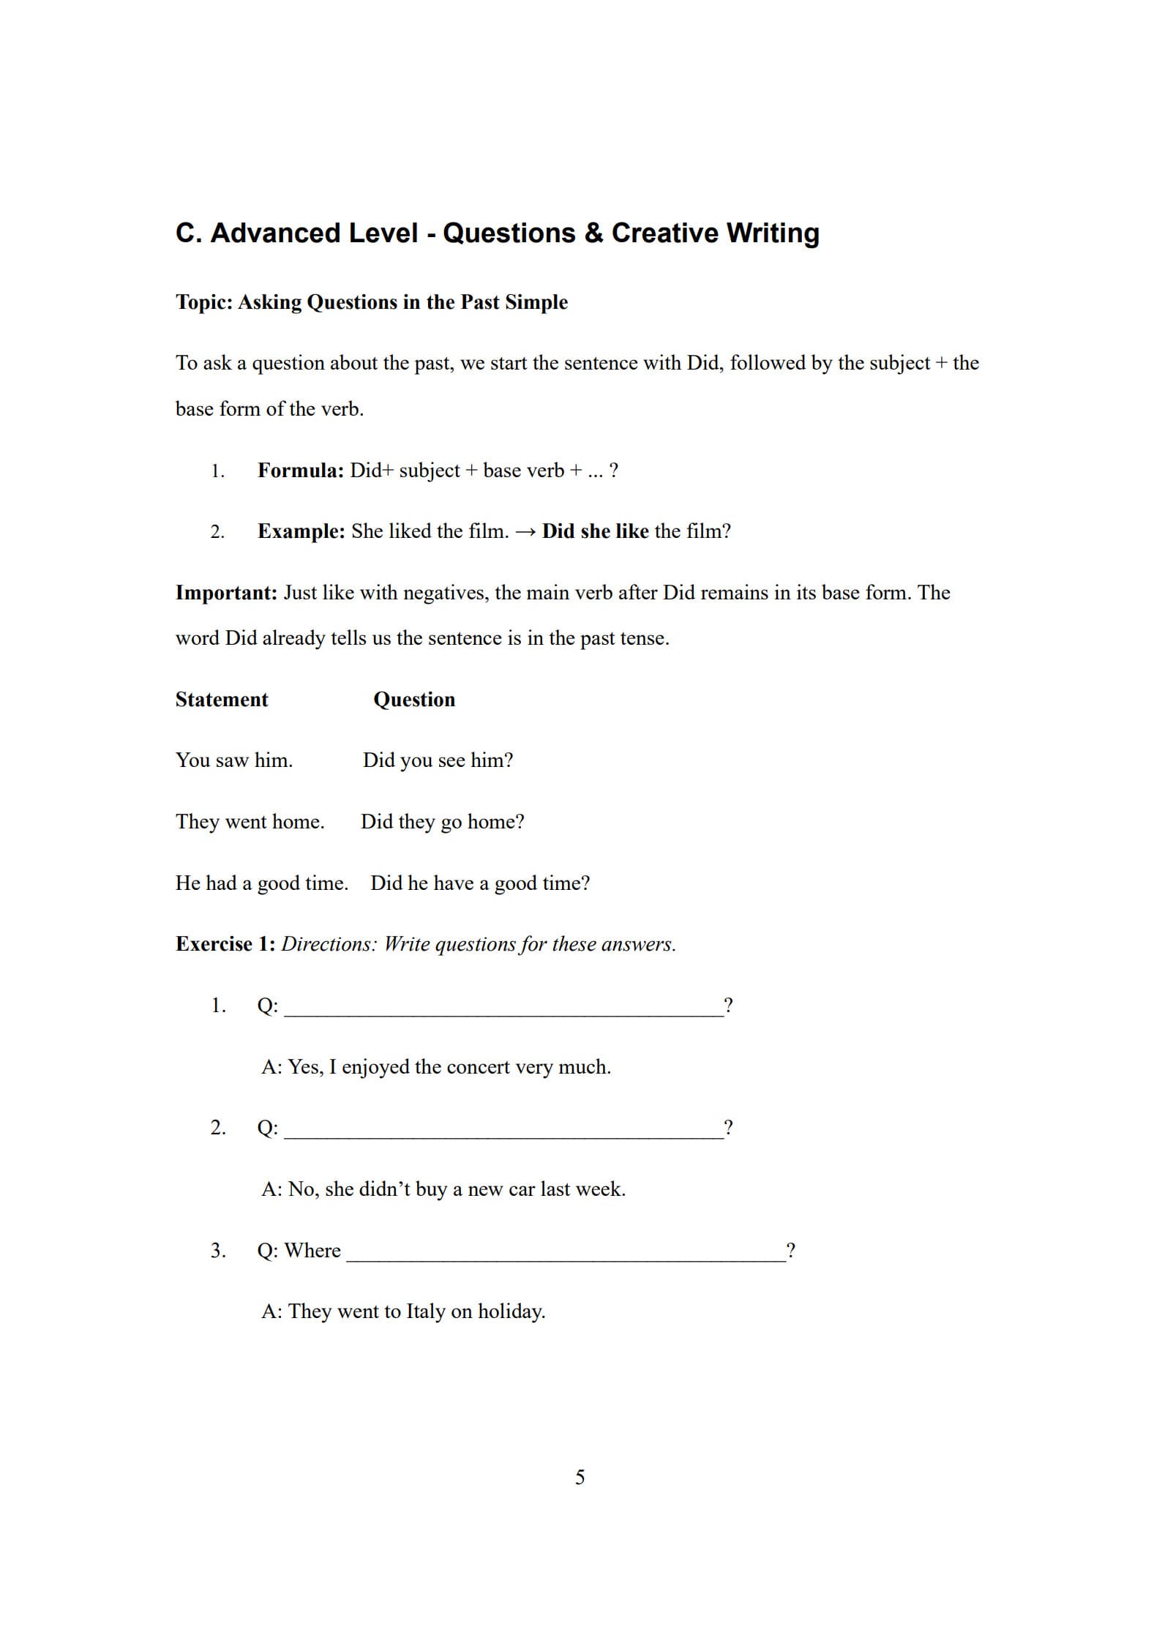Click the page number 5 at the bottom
point(580,1477)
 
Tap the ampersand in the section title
point(593,233)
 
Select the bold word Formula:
point(300,470)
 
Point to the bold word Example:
point(301,531)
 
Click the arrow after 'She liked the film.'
point(525,531)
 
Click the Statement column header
point(222,699)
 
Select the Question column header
point(414,699)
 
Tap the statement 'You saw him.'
point(234,760)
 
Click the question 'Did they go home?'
point(442,821)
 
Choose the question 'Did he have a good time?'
point(480,883)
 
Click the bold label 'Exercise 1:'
point(225,943)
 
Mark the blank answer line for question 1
point(503,1008)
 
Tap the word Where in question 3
point(312,1250)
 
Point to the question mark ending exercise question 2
point(728,1127)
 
